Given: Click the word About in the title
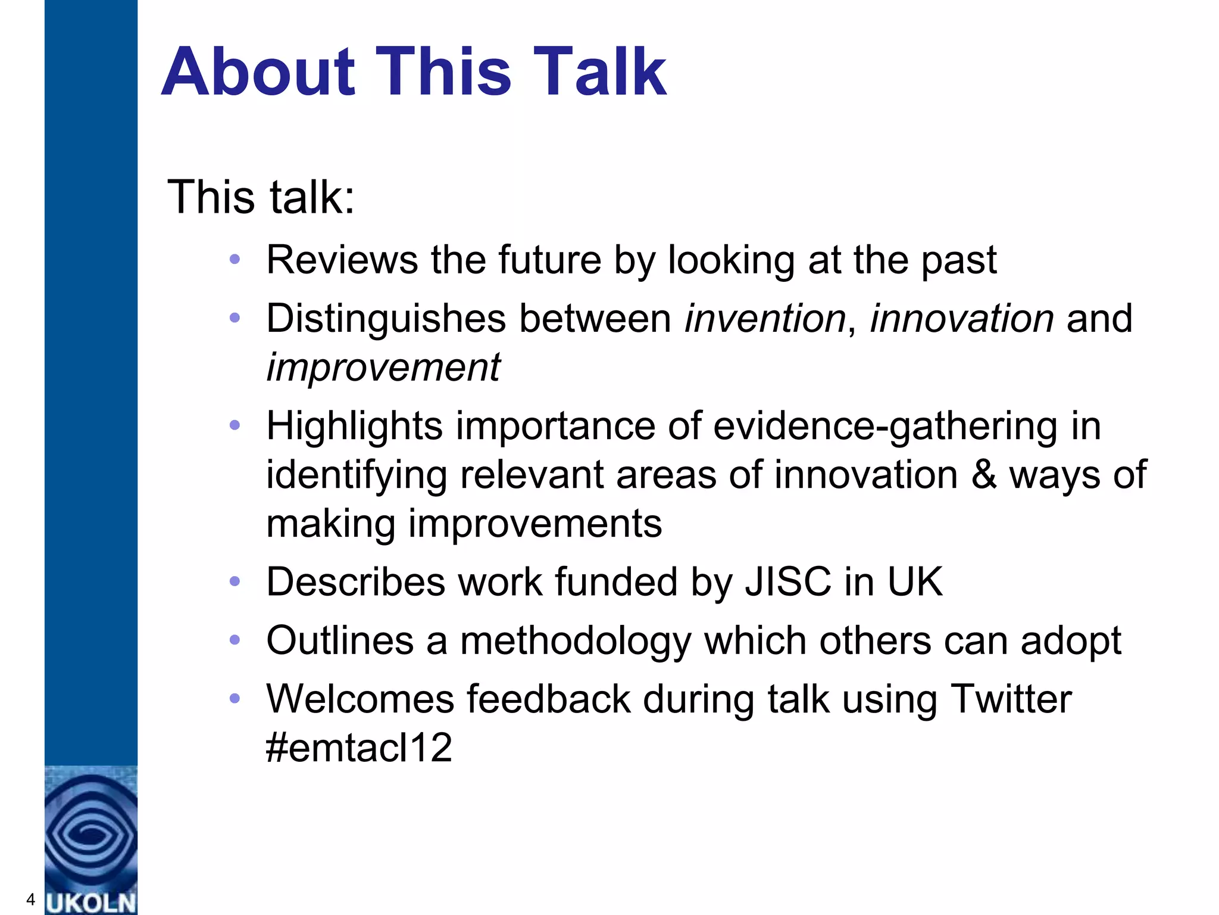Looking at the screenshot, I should click(x=258, y=72).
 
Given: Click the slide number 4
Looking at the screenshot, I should click(x=30, y=899).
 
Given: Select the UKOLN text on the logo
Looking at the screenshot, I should click(x=91, y=902).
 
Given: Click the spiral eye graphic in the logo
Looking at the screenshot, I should click(x=90, y=834).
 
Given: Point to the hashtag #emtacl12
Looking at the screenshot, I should click(x=359, y=748).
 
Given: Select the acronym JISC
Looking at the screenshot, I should click(x=787, y=582).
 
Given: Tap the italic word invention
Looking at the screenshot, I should click(x=765, y=319).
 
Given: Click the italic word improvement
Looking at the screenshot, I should click(x=383, y=368).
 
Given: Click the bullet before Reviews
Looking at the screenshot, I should click(x=235, y=259).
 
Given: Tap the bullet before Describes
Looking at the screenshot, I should click(x=235, y=581).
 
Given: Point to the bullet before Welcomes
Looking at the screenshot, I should click(x=235, y=698).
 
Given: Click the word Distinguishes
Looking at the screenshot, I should click(x=386, y=319).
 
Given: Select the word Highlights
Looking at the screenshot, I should click(x=354, y=427).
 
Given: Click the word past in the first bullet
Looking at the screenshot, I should click(x=958, y=260).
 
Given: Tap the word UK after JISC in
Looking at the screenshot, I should click(x=915, y=582).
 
